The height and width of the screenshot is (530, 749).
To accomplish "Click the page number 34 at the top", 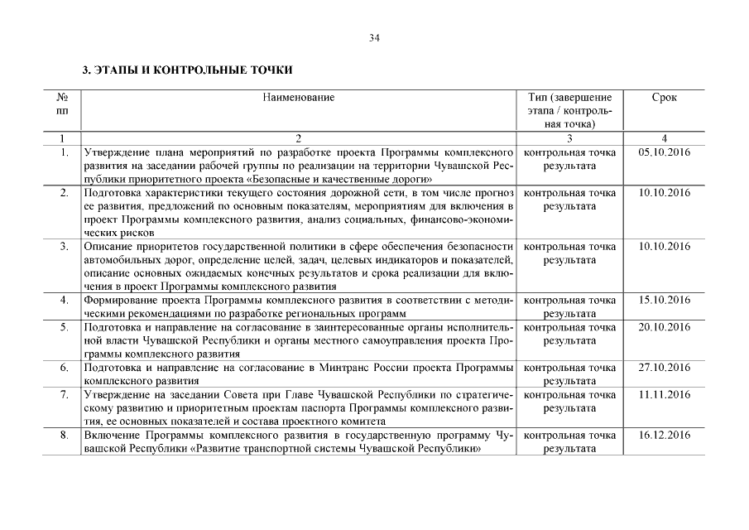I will click(x=374, y=38).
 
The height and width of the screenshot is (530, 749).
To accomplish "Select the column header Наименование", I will click(x=299, y=98).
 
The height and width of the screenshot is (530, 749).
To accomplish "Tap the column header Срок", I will click(x=664, y=98).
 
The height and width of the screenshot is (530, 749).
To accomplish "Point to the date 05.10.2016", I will click(x=665, y=152).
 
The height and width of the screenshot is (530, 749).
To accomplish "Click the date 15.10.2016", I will click(x=665, y=300).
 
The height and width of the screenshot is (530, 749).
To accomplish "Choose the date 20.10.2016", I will click(x=665, y=327).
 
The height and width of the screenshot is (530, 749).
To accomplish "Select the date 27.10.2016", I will click(x=665, y=367).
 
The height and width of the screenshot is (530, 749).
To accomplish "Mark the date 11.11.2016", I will click(x=665, y=394).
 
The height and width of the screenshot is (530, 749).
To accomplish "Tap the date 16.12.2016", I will click(x=665, y=435).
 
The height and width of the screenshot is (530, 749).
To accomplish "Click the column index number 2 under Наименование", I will click(x=299, y=138).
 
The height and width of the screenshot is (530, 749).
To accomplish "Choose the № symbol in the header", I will click(x=63, y=98).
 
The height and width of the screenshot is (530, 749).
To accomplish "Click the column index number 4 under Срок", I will click(x=664, y=138).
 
